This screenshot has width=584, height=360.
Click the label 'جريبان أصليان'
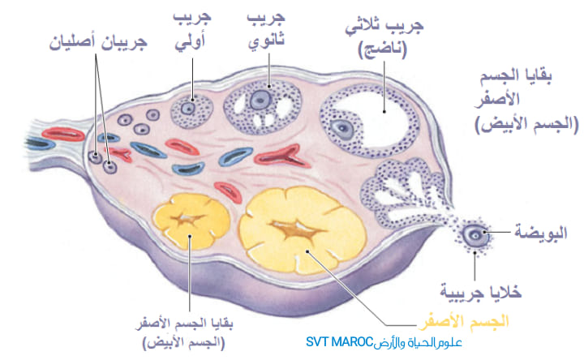click(98, 43)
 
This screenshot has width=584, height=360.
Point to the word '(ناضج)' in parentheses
click(383, 50)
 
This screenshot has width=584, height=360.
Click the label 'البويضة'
click(541, 233)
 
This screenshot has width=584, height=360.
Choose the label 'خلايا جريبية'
click(481, 292)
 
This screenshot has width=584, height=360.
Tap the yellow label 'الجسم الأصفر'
click(465, 322)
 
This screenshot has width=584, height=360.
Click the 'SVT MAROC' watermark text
click(339, 341)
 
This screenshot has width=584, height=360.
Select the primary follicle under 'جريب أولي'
click(191, 110)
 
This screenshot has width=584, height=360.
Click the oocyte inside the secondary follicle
click(260, 100)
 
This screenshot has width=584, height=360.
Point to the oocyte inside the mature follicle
click(342, 129)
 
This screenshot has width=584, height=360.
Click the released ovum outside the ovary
click(474, 234)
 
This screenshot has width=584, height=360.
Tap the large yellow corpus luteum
click(303, 230)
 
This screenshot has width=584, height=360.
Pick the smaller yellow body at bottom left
click(191, 221)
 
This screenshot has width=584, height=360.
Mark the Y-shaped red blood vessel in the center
click(282, 156)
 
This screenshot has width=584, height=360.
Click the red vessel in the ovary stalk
click(63, 134)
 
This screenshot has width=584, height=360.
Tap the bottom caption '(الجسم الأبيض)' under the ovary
click(184, 342)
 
